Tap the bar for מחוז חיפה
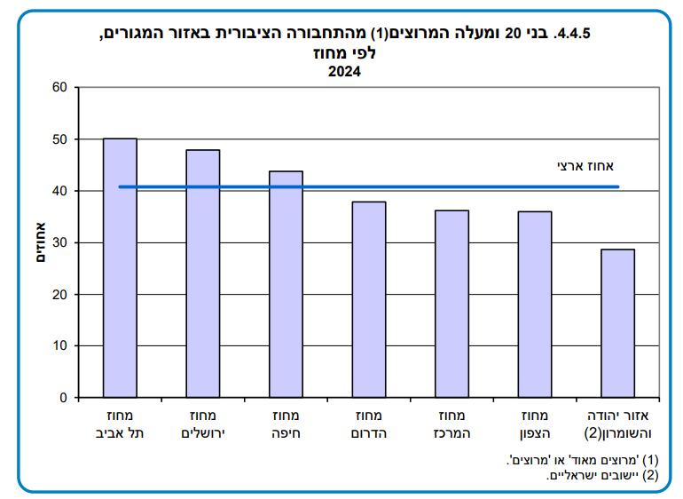[286, 284]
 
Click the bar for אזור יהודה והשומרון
[617, 323]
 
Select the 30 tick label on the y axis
[59, 242]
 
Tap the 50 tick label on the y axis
[59, 139]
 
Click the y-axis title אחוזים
[39, 242]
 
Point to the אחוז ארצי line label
[585, 165]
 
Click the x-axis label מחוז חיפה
[286, 424]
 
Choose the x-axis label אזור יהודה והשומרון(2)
[618, 424]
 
